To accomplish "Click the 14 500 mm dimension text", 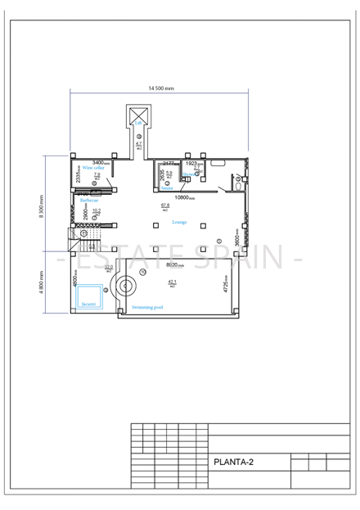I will [x=160, y=88].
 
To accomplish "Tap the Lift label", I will [x=139, y=124].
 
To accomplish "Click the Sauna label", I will [x=167, y=188].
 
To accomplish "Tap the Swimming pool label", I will [x=147, y=307].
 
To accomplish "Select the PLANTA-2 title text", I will [x=233, y=462].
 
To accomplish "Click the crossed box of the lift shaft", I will [x=139, y=114].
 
